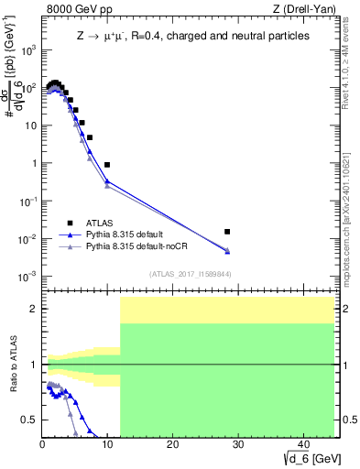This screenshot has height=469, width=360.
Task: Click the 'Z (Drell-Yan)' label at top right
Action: [302, 9]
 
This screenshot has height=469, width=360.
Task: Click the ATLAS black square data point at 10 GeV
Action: [107, 165]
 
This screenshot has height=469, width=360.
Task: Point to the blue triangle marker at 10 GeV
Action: [107, 181]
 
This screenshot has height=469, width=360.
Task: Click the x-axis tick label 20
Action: [172, 445]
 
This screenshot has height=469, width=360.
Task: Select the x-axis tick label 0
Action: [42, 445]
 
